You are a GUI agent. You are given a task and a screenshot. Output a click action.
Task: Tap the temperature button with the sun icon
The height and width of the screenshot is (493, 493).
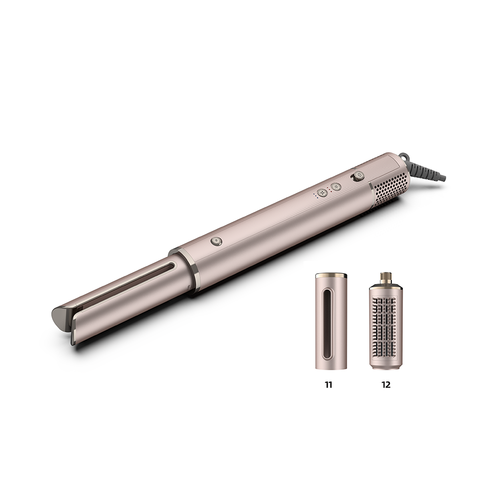point(336,187)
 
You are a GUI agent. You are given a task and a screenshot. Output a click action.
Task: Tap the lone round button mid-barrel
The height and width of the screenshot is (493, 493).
point(216,242)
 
